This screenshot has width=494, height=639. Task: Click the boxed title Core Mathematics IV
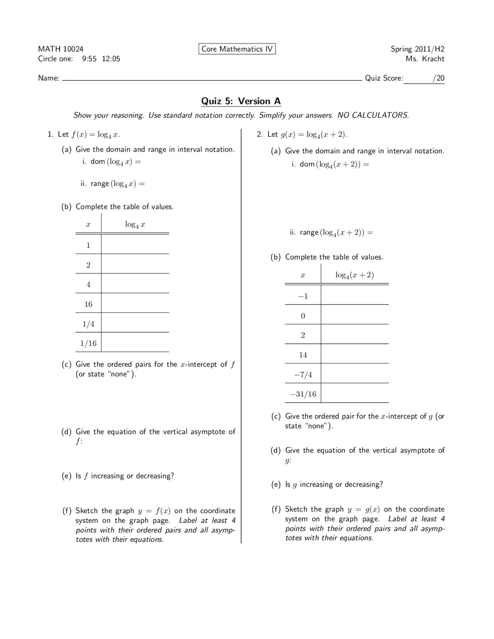[x=237, y=49]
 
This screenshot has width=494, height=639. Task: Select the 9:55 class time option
[x=89, y=59]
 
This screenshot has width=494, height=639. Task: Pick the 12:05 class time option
[x=111, y=59]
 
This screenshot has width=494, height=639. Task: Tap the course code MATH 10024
[x=61, y=49]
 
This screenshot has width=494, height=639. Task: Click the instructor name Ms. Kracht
[x=425, y=59]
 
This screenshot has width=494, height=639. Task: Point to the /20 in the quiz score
[x=438, y=78]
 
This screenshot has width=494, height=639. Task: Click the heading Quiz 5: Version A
[x=241, y=101]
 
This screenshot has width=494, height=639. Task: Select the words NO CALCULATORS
[x=372, y=115]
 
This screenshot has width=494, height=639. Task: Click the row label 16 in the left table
[x=88, y=304]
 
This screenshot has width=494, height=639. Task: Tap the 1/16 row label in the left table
[x=88, y=343]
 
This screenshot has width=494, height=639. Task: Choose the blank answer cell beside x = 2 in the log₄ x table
[x=135, y=264]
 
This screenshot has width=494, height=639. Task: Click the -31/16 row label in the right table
[x=303, y=394]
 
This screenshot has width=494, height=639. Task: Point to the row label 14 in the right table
[x=303, y=355]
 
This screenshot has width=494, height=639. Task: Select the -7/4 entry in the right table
[x=303, y=374]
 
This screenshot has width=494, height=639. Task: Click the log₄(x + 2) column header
[x=354, y=275]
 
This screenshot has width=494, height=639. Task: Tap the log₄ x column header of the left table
[x=135, y=224]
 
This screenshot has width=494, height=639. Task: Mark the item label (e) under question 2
[x=276, y=484]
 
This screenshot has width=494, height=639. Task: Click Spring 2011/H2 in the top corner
[x=417, y=49]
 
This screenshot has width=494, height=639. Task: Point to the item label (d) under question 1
[x=66, y=432]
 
